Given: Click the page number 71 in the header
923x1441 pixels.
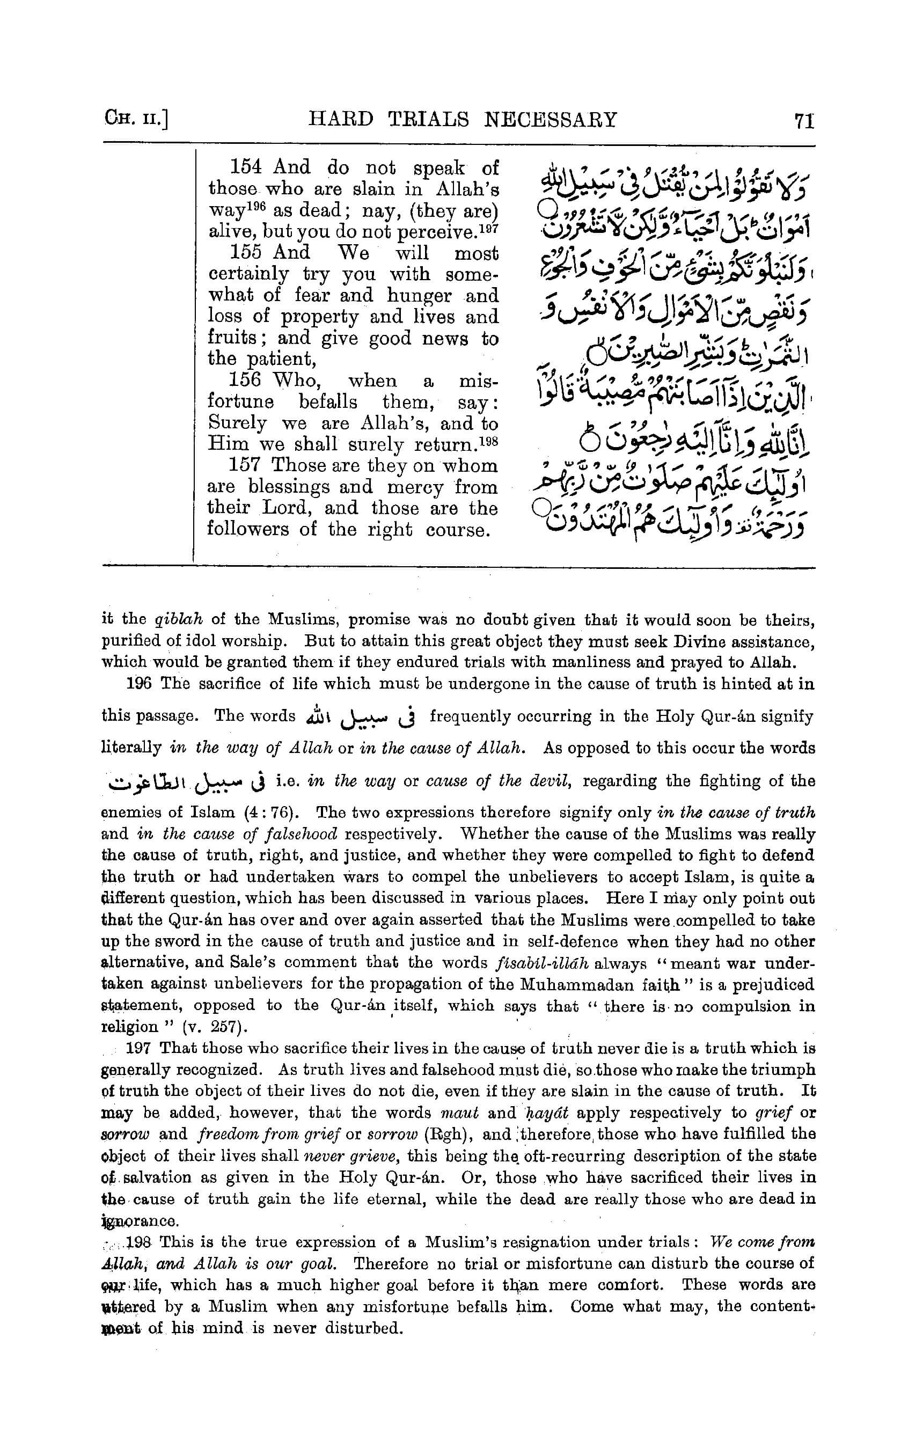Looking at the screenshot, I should click(804, 120).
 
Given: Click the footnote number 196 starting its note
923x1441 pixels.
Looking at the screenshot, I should click(139, 683).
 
